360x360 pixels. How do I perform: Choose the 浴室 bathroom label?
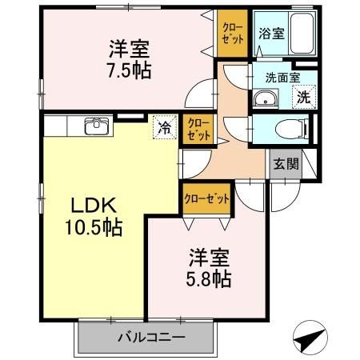[270, 34]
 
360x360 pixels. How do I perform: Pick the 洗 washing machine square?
[305, 98]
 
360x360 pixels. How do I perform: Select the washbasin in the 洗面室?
[264, 99]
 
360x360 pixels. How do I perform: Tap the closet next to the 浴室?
[234, 34]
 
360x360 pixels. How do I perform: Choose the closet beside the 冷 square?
[198, 129]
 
